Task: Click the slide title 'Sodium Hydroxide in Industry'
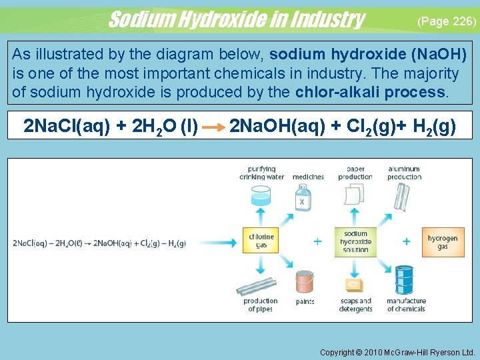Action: tap(236, 19)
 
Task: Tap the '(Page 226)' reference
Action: tap(446, 21)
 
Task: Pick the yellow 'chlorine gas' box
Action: tap(261, 241)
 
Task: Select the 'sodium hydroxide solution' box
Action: tap(355, 241)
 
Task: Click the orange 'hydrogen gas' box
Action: tap(442, 241)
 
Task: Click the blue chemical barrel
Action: tap(404, 281)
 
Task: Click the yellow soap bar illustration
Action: tap(355, 285)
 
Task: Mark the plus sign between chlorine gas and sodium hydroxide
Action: tap(317, 241)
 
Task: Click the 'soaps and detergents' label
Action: tap(355, 305)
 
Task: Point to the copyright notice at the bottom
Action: tap(397, 351)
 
